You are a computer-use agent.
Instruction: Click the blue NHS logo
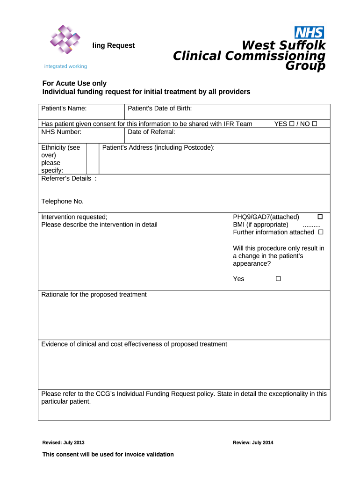pos(309,32)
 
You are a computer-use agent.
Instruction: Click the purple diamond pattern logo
pos(65,39)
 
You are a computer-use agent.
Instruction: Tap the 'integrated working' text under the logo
pos(65,66)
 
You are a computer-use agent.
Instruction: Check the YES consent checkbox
pos(291,124)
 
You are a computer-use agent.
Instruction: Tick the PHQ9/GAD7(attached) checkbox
pos(320,217)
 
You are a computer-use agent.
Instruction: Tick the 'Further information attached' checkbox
pos(321,232)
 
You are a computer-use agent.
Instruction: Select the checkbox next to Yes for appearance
pos(278,279)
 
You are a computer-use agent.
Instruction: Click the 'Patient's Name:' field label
pos(64,109)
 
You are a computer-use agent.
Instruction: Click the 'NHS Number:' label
pos(61,132)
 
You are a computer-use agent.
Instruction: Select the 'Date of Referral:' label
pos(151,132)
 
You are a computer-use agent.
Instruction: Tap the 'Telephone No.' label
pos(63,202)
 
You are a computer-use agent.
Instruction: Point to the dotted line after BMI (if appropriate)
pos(311,225)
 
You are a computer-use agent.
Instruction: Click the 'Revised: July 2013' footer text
pos(64,443)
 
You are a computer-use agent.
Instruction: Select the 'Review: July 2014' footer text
pos(253,443)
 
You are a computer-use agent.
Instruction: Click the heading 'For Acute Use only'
pos(74,84)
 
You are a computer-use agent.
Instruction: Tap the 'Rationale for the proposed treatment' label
pos(94,295)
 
